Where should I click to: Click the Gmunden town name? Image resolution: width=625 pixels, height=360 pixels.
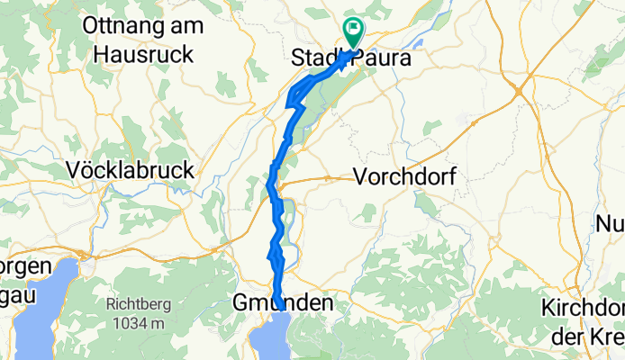282,303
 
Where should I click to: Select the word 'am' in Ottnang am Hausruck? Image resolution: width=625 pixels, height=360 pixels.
190,26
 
